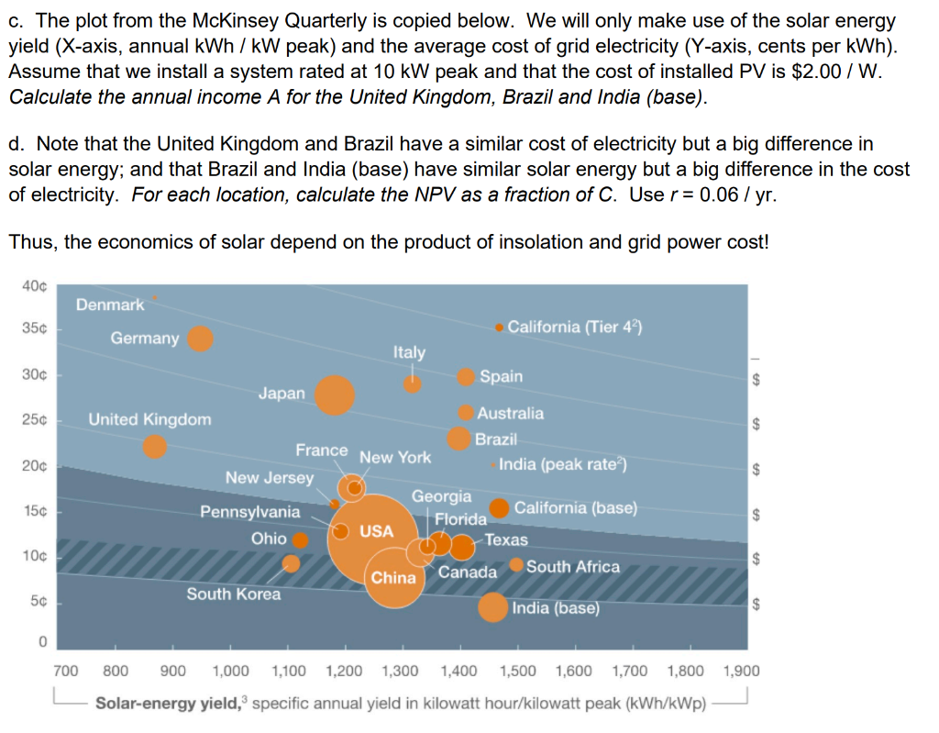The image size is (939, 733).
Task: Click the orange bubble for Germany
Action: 200,339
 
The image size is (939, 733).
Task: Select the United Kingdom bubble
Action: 156,447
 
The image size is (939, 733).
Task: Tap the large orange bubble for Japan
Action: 335,394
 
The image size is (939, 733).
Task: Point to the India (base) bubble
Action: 492,607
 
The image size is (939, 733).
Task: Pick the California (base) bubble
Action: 500,507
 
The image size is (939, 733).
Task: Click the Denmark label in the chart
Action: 109,304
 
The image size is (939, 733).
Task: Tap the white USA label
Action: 376,531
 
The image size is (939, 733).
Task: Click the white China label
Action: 393,578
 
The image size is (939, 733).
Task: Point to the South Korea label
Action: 234,594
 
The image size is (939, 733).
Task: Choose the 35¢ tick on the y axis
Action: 36,328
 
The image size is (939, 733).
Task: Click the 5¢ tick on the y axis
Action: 38,603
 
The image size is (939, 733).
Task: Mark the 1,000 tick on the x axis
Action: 229,671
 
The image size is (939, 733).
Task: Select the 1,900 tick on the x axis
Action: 741,671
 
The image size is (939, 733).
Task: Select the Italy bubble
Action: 413,383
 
